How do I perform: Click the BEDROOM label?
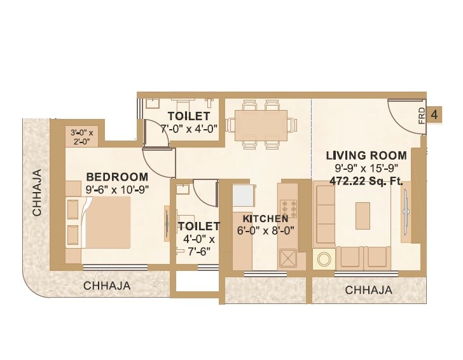point(117,176)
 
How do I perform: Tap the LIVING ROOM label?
point(366,155)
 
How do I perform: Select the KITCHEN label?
point(265,219)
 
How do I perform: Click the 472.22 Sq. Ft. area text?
point(366,181)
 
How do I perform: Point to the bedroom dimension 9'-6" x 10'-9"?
point(117,189)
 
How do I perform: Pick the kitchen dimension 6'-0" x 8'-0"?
point(265,232)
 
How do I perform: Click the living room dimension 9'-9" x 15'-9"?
point(366,169)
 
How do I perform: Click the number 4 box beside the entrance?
point(435,114)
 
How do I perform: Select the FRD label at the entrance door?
point(422,116)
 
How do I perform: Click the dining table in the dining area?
point(261,121)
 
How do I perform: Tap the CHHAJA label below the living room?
point(368,290)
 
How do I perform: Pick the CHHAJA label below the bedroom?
point(107,286)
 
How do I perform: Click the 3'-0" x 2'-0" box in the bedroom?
point(82,137)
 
